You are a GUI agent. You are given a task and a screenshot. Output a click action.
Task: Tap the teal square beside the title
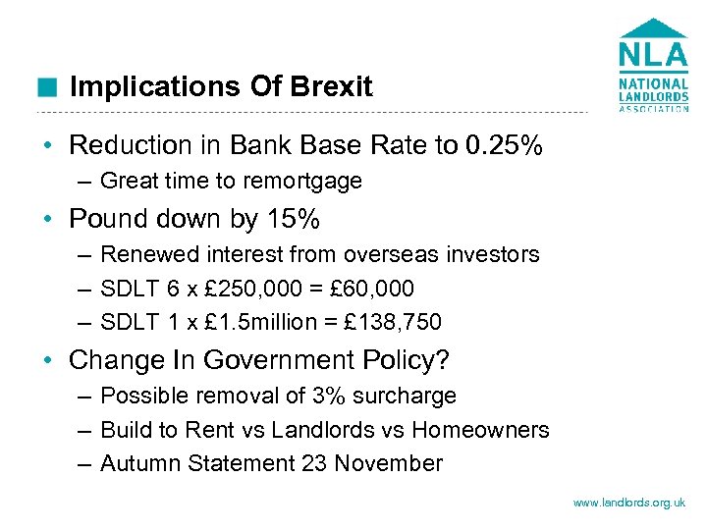pyautogui.click(x=45, y=87)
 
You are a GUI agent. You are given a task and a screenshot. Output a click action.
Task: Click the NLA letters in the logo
pyautogui.click(x=653, y=53)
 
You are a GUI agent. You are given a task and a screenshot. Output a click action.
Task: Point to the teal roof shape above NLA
pyautogui.click(x=653, y=27)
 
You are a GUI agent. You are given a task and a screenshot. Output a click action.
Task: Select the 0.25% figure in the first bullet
pyautogui.click(x=504, y=146)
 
